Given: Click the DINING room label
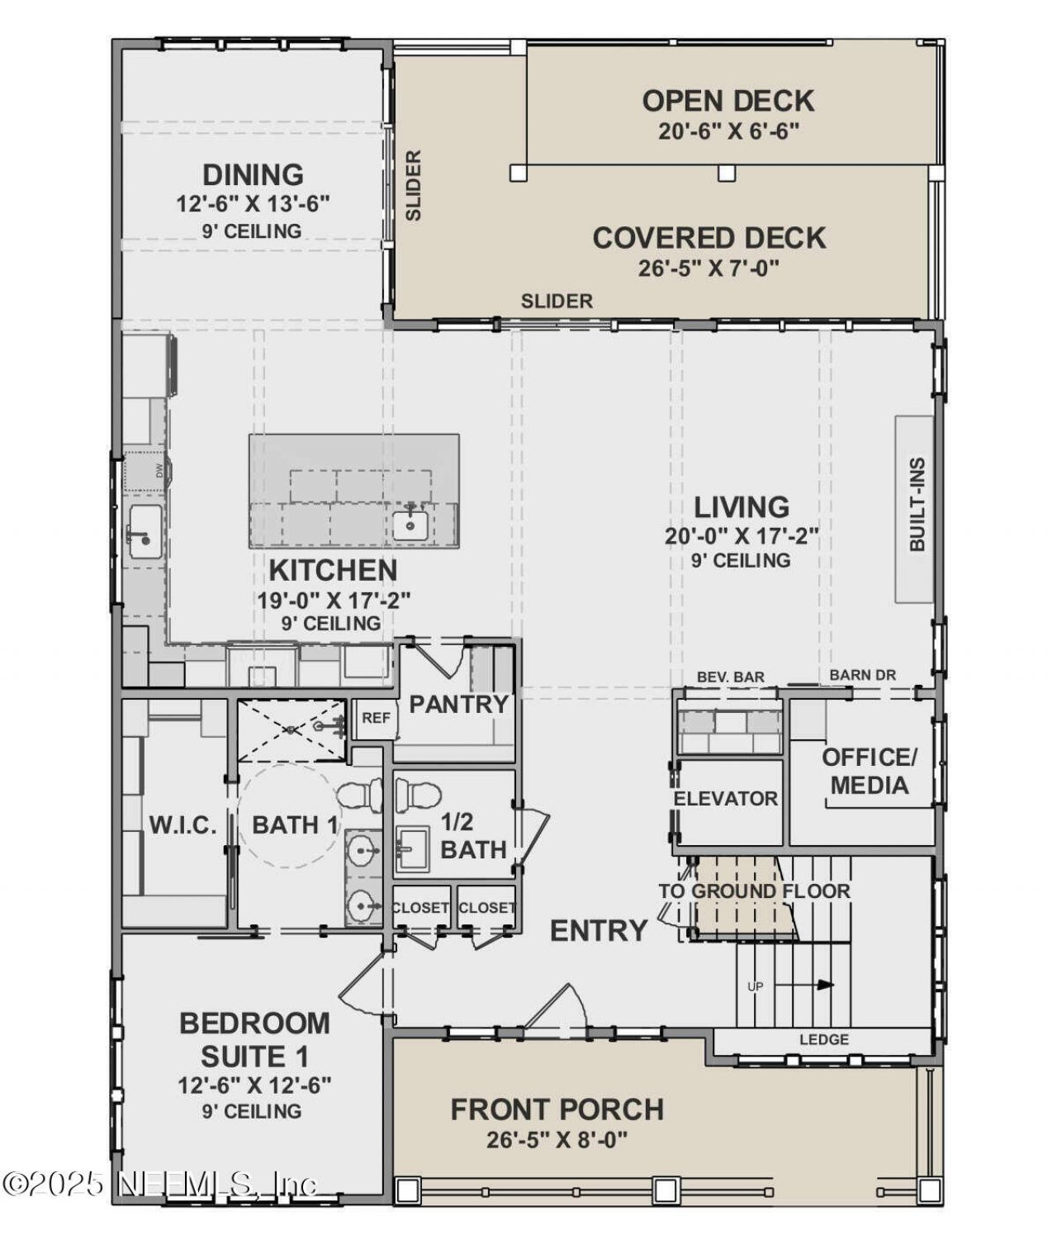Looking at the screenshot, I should coord(253,175).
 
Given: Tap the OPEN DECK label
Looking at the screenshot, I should coord(728,101).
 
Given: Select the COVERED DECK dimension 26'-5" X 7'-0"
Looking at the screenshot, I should coord(709,268).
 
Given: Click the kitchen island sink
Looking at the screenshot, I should coord(410,525).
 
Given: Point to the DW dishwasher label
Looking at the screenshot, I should coord(159,471).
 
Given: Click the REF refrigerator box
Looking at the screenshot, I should coord(375,718).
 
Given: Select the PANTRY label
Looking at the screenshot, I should coord(458,705).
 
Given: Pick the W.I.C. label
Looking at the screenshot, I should coord(183,824).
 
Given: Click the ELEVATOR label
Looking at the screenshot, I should coord(725,799).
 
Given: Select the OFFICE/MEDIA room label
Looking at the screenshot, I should coord(869,771).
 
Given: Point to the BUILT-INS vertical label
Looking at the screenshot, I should coord(917,505).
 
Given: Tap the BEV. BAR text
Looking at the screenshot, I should coord(731,677).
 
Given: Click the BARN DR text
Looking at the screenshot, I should coord(862,675).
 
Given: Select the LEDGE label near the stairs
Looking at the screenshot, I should coord(823,1039).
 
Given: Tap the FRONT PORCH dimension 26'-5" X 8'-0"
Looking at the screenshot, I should coord(557,1140).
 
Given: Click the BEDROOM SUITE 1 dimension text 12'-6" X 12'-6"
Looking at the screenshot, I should coord(254,1085).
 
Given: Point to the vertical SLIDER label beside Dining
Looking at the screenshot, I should coord(414,185).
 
